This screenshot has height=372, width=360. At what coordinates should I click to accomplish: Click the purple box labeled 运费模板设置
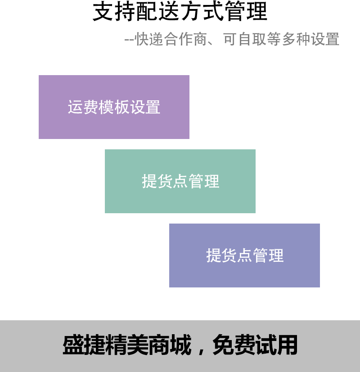tap(114, 107)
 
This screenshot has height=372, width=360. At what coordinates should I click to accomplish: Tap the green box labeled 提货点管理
tap(180, 181)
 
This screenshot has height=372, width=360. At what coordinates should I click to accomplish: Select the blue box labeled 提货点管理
tap(244, 255)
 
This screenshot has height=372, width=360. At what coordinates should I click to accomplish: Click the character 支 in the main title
tap(103, 11)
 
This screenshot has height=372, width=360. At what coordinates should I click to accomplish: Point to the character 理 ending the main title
tap(257, 11)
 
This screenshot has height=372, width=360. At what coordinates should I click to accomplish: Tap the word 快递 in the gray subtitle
tap(149, 39)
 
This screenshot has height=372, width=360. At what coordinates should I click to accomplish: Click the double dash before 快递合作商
tap(129, 40)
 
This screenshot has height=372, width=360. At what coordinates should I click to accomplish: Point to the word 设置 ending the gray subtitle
tap(325, 39)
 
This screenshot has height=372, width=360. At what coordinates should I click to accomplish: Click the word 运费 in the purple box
tap(83, 107)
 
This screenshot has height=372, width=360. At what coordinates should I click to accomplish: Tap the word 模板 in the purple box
tap(114, 107)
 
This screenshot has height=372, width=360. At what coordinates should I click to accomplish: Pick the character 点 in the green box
tap(180, 181)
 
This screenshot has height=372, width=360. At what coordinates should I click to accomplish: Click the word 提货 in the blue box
tap(221, 255)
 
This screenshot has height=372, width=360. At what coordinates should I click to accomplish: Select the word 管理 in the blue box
tap(268, 255)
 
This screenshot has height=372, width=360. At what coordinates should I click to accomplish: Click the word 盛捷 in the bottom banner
tap(84, 345)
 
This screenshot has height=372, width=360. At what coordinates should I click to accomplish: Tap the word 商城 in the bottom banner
tap(170, 345)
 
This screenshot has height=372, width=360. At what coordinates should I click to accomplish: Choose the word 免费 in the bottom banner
tap(234, 345)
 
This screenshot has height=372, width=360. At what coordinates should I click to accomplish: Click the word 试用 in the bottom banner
tap(276, 345)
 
